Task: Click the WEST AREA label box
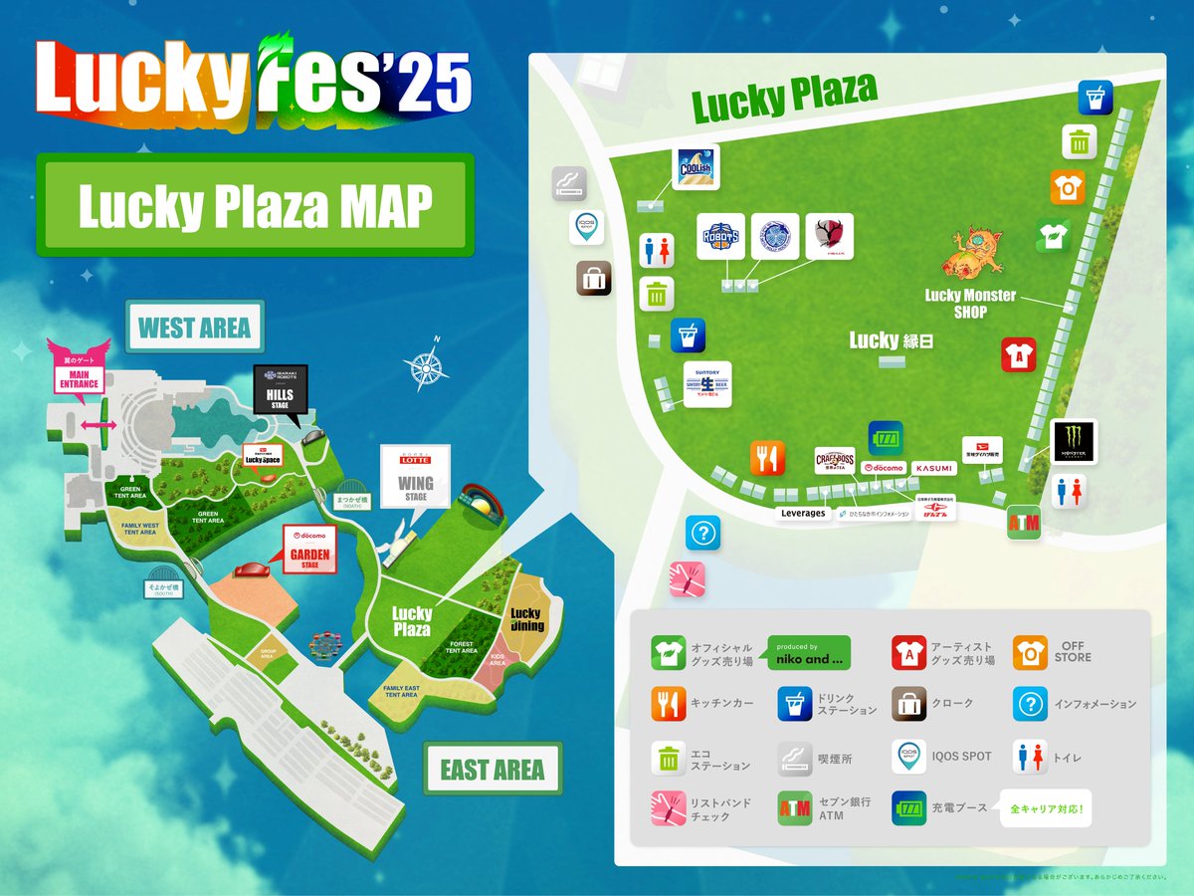194,328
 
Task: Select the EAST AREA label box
492,769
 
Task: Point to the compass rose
425,367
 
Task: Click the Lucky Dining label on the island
525,619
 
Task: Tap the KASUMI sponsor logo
934,467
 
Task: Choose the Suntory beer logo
707,383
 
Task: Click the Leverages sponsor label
803,514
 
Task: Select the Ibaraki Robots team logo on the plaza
720,237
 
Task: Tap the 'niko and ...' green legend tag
808,652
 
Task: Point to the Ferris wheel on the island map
324,646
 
